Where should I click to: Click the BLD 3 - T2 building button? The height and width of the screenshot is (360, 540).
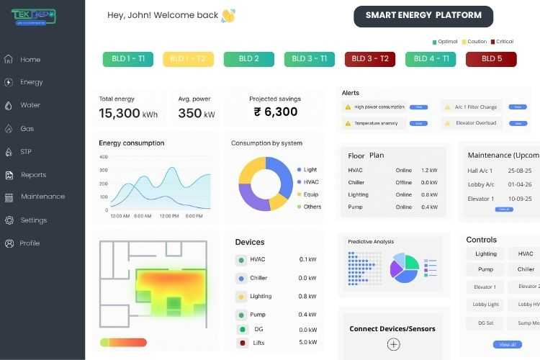370,59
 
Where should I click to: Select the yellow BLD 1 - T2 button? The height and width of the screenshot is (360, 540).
188,59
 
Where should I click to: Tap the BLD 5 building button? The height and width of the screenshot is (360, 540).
491,59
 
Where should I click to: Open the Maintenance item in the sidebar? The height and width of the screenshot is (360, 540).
42,197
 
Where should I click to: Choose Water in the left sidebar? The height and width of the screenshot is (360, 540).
30,105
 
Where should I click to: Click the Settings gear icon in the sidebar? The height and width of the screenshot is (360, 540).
9,220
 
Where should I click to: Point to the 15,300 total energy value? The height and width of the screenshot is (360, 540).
120,113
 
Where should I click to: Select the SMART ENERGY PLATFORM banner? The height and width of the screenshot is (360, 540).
423,16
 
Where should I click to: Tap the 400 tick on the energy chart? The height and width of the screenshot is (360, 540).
103,156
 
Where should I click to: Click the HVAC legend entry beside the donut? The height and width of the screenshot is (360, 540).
310,182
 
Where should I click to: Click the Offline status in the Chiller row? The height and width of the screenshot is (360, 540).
404,183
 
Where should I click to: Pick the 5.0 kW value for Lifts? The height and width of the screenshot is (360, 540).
307,342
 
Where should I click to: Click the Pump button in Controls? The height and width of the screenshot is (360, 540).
485,269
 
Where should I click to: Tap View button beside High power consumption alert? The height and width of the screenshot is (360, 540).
418,107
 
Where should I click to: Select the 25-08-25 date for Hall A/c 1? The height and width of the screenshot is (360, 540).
519,171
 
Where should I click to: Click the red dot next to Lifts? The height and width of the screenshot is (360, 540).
241,343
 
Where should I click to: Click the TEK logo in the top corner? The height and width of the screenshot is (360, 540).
33,16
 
